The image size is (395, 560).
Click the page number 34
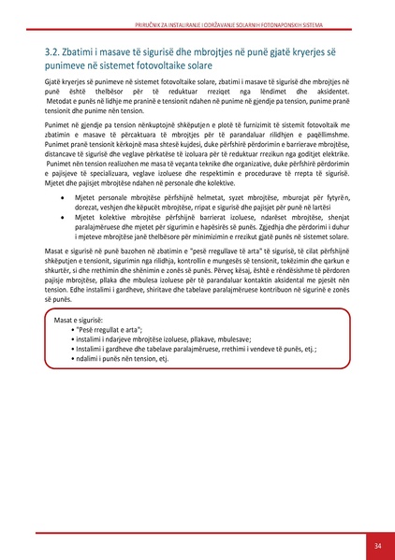click(377, 546)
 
